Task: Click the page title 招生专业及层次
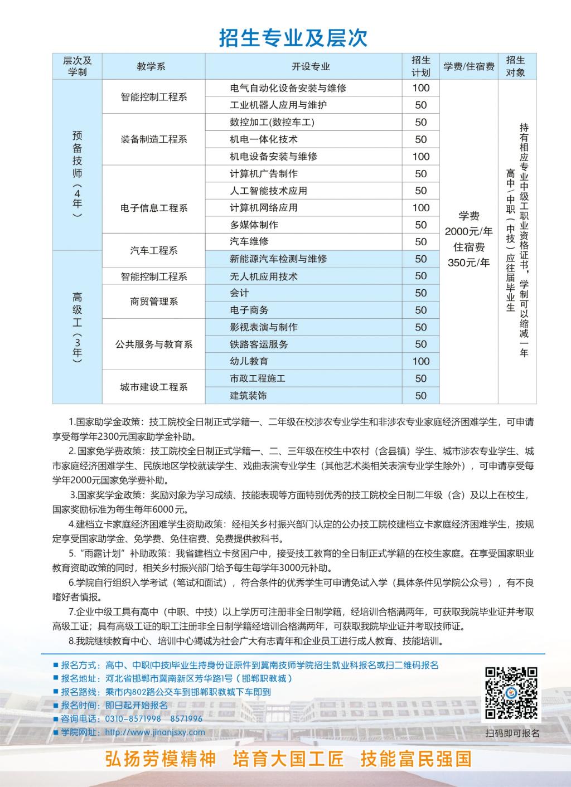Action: [293, 38]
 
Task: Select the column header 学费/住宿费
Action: [468, 67]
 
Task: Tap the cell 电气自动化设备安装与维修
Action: [288, 88]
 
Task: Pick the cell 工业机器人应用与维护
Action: [278, 105]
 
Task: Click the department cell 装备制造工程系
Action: [154, 139]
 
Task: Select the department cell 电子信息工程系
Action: [154, 208]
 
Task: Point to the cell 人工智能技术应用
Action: [268, 191]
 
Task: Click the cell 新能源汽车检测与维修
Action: [278, 259]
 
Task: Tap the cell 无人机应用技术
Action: [264, 276]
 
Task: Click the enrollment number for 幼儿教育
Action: [421, 362]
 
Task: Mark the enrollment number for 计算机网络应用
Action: [421, 208]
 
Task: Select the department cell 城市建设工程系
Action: [154, 387]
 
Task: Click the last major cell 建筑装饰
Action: [249, 396]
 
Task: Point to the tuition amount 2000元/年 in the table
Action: [468, 231]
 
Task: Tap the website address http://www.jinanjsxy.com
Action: [155, 732]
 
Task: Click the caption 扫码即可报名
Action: [512, 733]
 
